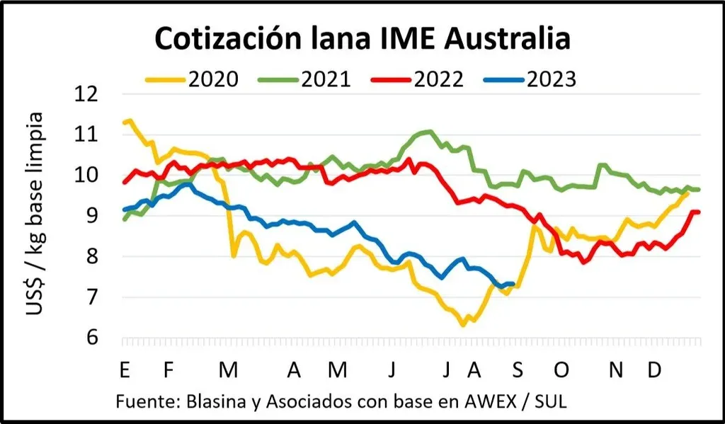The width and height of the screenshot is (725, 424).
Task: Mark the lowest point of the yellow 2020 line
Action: [x=463, y=325]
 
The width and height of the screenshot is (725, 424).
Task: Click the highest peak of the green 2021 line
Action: [x=428, y=131]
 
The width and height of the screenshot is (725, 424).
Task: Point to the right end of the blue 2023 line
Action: [x=512, y=284]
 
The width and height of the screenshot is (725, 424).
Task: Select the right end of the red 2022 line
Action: [x=699, y=212]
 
